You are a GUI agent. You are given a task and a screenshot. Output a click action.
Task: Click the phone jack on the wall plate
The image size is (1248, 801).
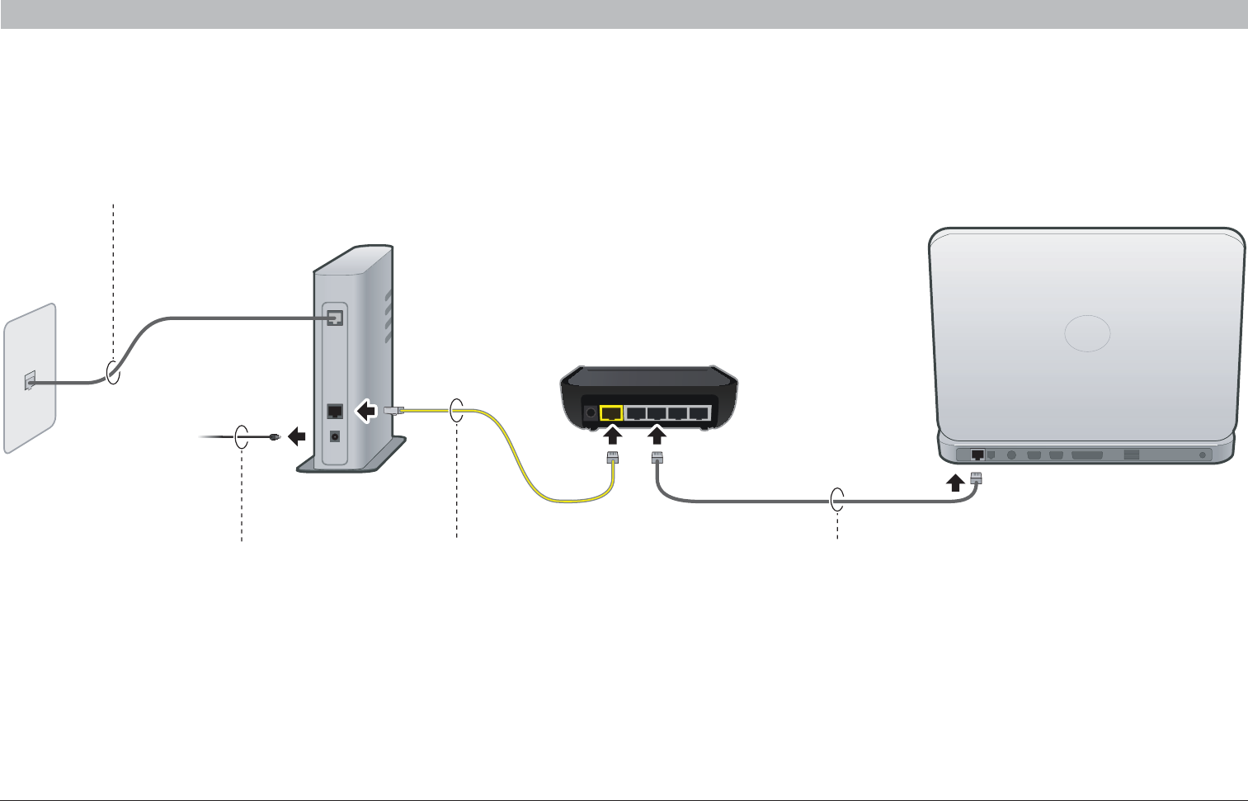[x=31, y=381]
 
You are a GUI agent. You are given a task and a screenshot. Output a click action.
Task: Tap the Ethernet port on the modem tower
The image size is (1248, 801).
[x=335, y=411]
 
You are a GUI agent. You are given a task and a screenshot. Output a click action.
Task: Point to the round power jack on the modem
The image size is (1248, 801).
[x=335, y=437]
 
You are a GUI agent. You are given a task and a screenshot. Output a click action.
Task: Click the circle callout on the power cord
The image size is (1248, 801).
[x=241, y=437]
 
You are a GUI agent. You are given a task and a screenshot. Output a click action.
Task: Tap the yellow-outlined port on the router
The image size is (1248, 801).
[x=611, y=413]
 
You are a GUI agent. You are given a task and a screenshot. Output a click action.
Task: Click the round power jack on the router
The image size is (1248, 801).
[x=590, y=412]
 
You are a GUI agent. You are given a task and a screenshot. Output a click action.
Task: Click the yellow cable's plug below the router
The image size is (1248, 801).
[x=612, y=459]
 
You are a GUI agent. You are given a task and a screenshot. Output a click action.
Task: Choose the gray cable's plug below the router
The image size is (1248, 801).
[x=657, y=459]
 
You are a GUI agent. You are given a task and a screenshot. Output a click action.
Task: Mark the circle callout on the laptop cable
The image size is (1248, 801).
[x=837, y=500]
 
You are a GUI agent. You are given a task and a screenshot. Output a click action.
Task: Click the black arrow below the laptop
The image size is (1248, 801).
[x=954, y=482]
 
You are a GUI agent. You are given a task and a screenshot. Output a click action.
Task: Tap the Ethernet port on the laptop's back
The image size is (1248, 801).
[x=977, y=455]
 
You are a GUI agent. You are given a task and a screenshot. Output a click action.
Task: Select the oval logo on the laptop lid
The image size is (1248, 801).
[x=1087, y=334]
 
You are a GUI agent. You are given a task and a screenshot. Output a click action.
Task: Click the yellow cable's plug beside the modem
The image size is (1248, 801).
[x=393, y=409]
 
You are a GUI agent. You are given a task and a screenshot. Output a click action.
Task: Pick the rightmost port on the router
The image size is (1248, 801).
[x=699, y=413]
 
